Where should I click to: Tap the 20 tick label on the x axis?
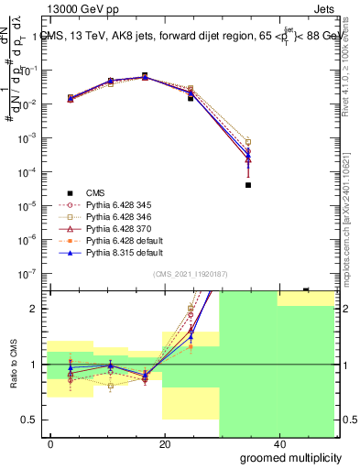coord(165,444)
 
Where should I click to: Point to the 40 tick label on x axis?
coord(279,444)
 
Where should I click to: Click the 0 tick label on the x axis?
coord(51,444)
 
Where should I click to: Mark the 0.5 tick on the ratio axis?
coord(31,420)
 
